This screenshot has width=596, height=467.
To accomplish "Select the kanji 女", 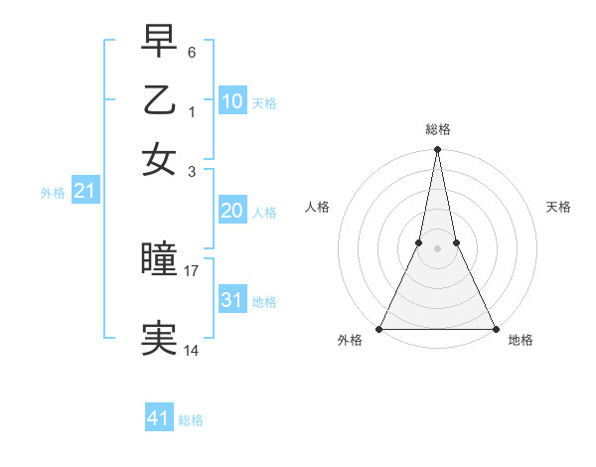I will pos(159,159).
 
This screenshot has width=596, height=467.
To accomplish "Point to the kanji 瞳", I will pos(159,260).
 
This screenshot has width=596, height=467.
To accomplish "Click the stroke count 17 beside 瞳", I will pos(192,269).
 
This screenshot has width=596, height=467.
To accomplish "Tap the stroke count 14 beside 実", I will pos(192,350).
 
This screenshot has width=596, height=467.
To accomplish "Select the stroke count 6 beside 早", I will pos(192,50).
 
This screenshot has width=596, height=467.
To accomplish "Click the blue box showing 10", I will pos(231,100).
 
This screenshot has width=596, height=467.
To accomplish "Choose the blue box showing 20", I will pos(231,211).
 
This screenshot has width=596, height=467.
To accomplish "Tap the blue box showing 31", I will pos(231,300).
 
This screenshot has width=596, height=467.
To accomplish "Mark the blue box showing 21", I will pos(83,192).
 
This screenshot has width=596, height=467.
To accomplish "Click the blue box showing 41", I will pos(158,419).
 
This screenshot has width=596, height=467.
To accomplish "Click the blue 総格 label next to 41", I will pos(191,420).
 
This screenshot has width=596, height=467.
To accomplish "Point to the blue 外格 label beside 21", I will pos(52,193).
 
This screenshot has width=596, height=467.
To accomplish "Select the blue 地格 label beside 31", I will pos(264,301).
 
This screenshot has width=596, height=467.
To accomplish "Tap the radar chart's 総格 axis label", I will pos(437,130).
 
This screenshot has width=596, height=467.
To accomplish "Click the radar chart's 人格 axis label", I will pos(317,207).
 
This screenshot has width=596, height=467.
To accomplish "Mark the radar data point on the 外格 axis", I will pos(379,329).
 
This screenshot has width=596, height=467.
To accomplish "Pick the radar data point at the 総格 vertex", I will pos(437,150).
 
